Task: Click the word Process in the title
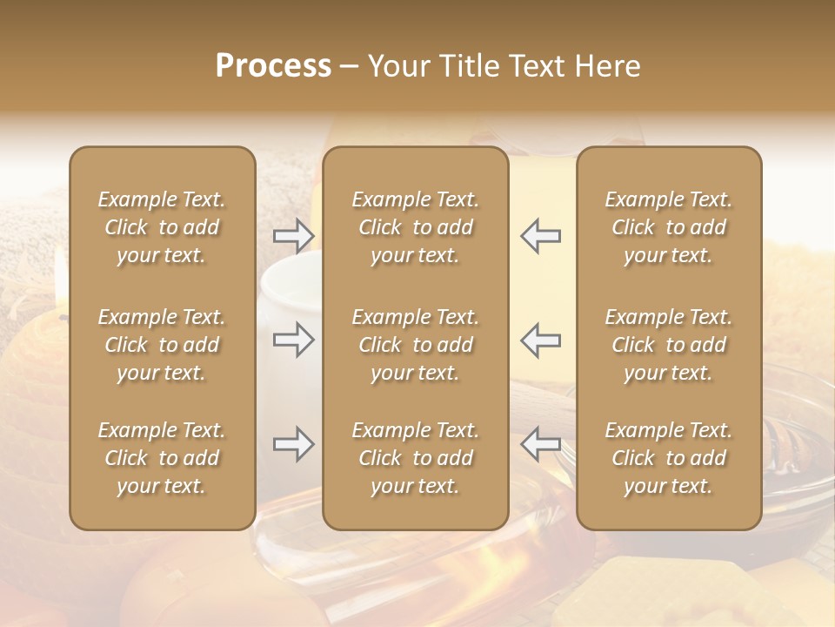click(273, 66)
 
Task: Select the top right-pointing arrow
click(294, 236)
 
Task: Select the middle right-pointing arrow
click(294, 340)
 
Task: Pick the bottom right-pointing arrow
click(294, 444)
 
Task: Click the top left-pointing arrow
click(540, 236)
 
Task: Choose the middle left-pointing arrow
click(540, 340)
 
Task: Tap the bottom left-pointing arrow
click(540, 444)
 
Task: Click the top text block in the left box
click(162, 227)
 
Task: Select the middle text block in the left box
click(162, 345)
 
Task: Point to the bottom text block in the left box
click(162, 458)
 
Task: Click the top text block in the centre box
click(416, 227)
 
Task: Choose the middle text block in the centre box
click(416, 345)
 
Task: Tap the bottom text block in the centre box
click(416, 458)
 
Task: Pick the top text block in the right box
click(669, 227)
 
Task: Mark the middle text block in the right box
click(669, 345)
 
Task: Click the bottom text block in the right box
click(669, 458)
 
